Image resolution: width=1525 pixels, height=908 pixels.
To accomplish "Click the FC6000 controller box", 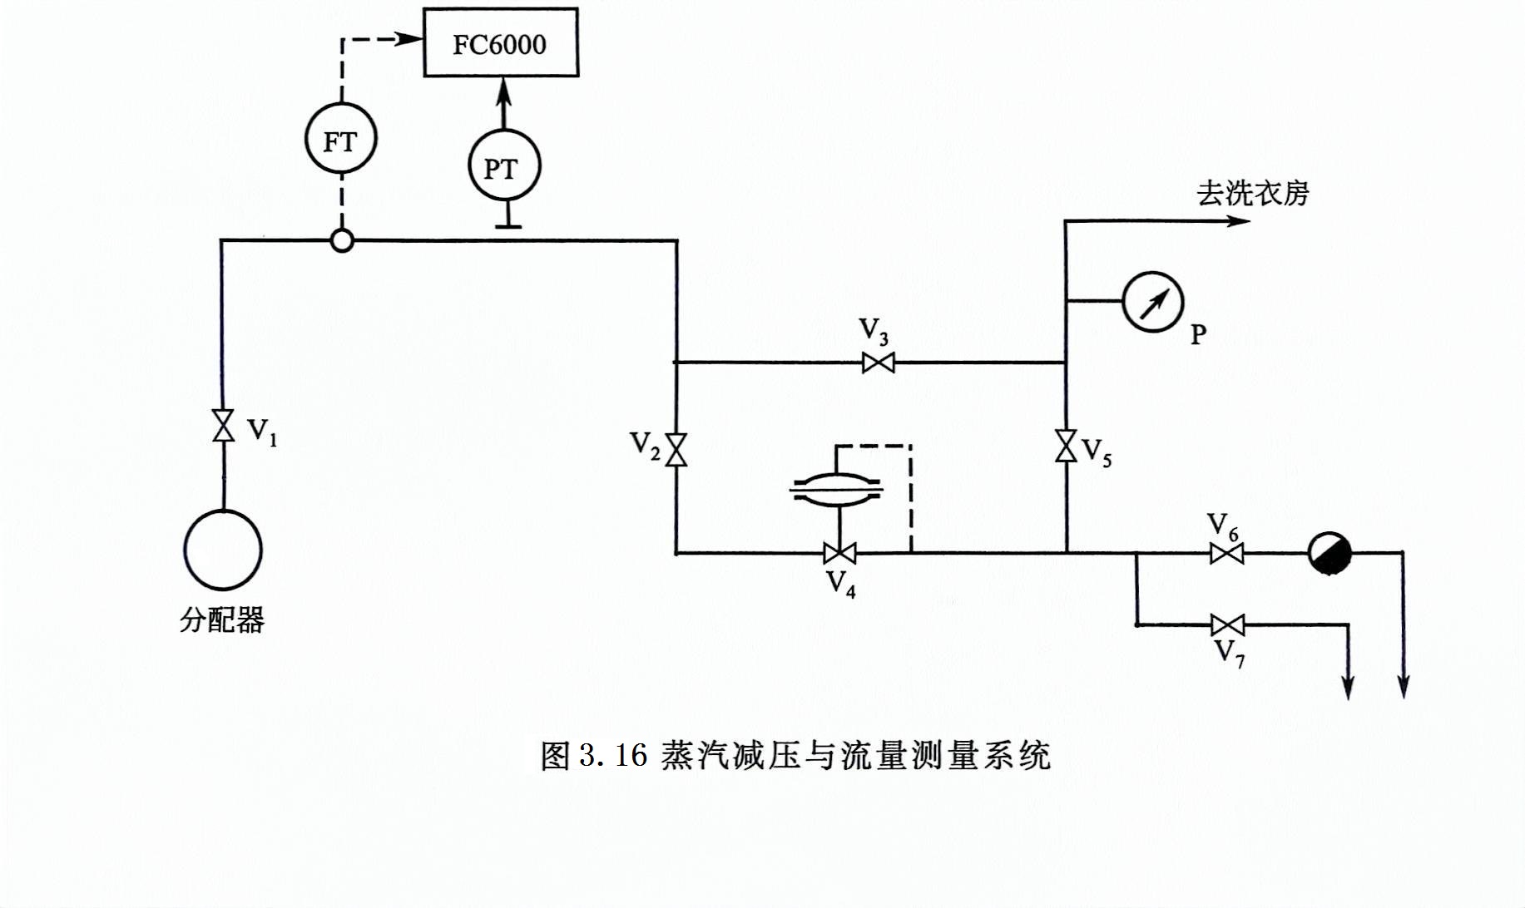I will (x=500, y=43).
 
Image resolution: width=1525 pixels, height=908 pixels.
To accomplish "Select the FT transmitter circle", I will (x=339, y=139).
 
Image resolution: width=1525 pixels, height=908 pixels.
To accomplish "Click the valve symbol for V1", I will (x=223, y=425).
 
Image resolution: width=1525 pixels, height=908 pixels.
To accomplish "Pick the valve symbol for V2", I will (x=676, y=450).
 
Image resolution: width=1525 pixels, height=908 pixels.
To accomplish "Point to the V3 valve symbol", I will (x=879, y=363).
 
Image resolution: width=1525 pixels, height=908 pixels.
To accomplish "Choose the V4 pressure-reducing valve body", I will (x=839, y=552).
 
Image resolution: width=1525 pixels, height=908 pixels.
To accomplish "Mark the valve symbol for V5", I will (x=1066, y=446).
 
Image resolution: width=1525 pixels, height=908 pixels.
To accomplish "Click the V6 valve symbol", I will (x=1226, y=553).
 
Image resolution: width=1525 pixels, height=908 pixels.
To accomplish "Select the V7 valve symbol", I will (x=1228, y=624).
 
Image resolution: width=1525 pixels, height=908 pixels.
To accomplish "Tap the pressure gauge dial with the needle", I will (x=1152, y=301).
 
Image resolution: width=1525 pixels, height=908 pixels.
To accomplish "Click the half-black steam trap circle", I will (x=1329, y=553).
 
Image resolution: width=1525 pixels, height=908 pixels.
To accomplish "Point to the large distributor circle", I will (x=223, y=550).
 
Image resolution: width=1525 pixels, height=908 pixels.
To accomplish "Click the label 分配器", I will (x=222, y=619).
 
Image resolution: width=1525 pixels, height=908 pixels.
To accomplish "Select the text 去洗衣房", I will (x=1252, y=193).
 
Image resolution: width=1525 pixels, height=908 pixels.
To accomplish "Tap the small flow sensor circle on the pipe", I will (x=342, y=241).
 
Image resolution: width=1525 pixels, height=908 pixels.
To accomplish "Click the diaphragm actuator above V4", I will (x=837, y=488).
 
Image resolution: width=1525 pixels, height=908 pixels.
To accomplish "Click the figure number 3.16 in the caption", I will (x=613, y=755).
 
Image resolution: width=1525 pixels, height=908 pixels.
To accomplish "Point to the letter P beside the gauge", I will (x=1198, y=334).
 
